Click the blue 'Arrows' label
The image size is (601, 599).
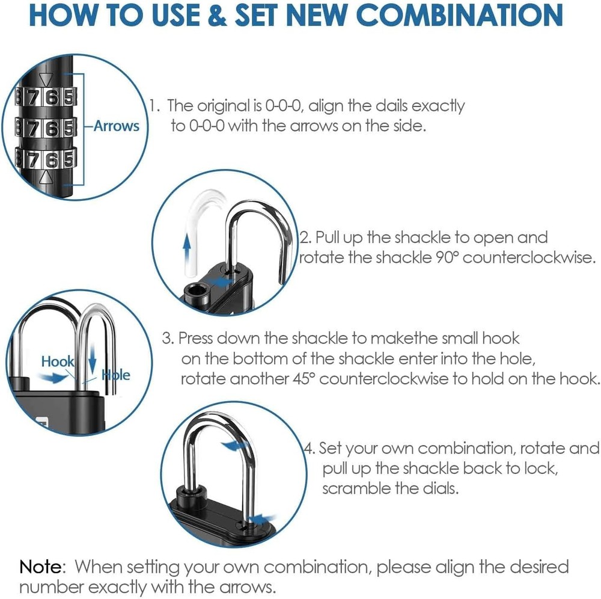tap(117, 126)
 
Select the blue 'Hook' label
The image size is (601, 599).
tap(57, 361)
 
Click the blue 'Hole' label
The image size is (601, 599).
tap(115, 375)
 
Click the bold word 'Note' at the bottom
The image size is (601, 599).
tap(41, 567)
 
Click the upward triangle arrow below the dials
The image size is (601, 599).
tap(44, 178)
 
